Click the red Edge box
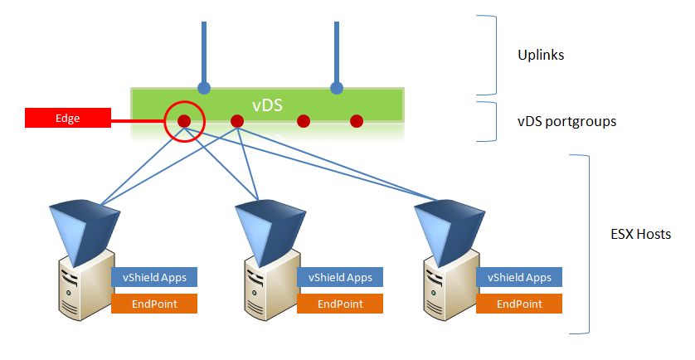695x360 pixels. click(x=67, y=119)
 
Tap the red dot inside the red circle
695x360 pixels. click(x=184, y=121)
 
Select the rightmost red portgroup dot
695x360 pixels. click(x=357, y=121)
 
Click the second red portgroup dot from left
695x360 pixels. click(x=237, y=121)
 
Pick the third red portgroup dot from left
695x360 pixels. click(x=304, y=121)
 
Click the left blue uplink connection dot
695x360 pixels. click(x=203, y=87)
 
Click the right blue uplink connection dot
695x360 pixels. click(x=336, y=87)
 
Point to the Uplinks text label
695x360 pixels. click(x=541, y=56)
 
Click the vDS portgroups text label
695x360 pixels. click(x=566, y=121)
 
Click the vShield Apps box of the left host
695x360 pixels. click(x=154, y=278)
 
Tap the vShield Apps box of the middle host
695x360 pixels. click(x=340, y=278)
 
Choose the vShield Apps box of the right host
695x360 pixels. click(x=519, y=278)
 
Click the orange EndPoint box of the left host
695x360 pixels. click(x=154, y=304)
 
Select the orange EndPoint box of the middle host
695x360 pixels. click(x=340, y=304)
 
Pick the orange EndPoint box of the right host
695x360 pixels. click(x=519, y=304)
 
